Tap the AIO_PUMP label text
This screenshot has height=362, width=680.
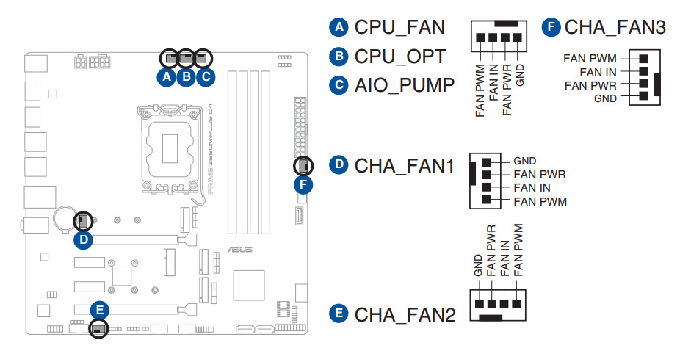tap(404, 84)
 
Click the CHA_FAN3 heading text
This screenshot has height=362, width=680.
tap(615, 28)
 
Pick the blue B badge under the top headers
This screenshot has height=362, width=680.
tap(186, 75)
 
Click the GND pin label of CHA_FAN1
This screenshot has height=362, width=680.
tap(525, 161)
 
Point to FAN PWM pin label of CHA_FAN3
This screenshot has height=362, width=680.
tap(590, 58)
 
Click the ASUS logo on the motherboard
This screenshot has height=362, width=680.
tap(239, 250)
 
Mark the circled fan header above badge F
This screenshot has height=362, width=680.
tap(302, 167)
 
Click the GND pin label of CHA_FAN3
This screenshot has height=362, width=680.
tap(605, 98)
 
